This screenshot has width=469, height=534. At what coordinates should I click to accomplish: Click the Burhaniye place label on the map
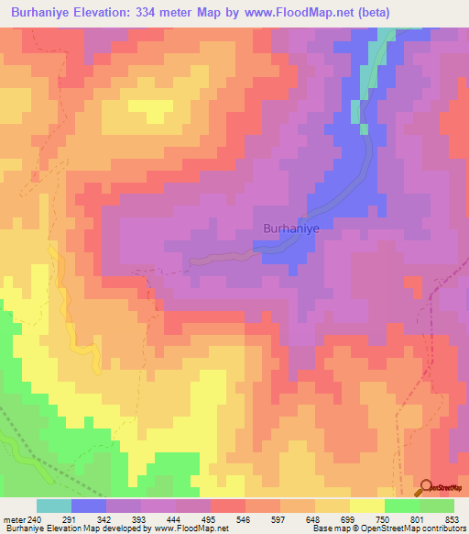coord(290,228)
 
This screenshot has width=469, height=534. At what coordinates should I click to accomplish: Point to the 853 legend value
coord(453,518)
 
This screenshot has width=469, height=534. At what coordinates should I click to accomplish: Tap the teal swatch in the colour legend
coord(54,506)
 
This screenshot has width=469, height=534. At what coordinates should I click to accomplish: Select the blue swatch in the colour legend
coord(89,506)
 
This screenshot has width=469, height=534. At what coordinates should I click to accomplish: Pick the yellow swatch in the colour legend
coord(366,506)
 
